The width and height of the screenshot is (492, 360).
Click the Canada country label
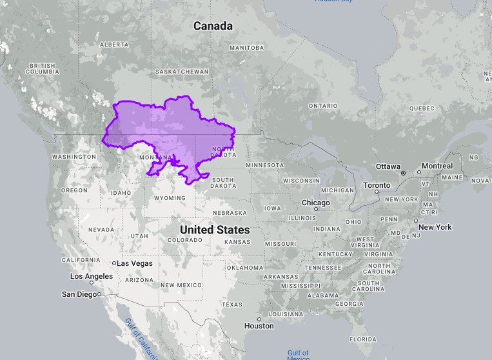click(x=213, y=26)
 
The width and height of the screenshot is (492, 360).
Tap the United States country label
click(x=215, y=230)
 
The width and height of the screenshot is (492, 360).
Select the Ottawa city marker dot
click(x=403, y=173)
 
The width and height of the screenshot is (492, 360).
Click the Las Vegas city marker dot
click(x=114, y=263)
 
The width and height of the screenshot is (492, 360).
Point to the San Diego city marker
click(x=99, y=294)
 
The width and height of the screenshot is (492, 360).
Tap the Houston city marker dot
click(x=259, y=319)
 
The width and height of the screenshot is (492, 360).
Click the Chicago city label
click(x=315, y=203)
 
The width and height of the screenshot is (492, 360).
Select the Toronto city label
click(x=376, y=185)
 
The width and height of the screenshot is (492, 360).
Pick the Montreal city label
click(x=437, y=166)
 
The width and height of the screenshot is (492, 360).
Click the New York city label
click(x=435, y=227)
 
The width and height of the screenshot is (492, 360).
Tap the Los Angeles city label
click(x=92, y=276)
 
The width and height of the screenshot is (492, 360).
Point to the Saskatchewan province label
click(x=182, y=71)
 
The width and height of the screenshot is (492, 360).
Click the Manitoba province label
click(x=246, y=48)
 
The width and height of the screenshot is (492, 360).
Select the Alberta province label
click(x=114, y=45)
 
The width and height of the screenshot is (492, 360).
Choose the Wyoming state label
click(x=170, y=198)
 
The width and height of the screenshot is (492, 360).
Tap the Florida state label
click(x=362, y=339)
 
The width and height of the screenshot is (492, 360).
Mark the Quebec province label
click(x=422, y=108)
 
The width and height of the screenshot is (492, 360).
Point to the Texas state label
click(x=231, y=304)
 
